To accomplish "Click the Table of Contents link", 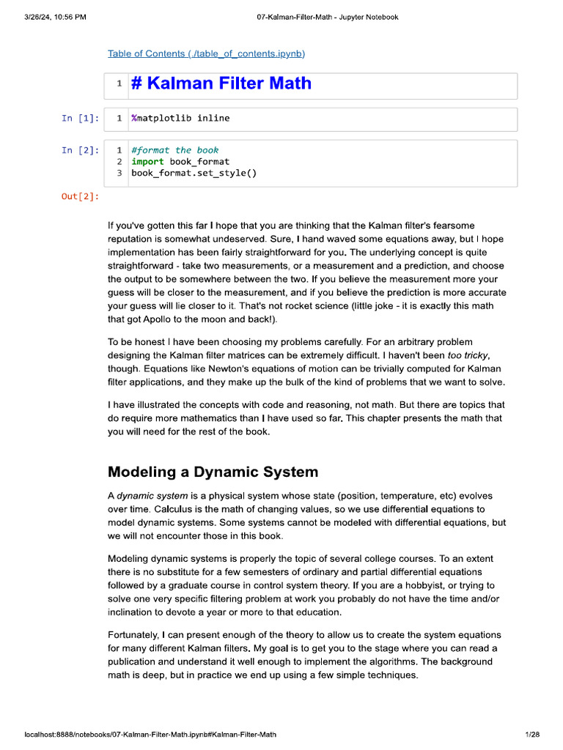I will click(206, 53).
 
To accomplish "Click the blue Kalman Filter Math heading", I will click(221, 83).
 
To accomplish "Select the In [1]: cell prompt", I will click(80, 118).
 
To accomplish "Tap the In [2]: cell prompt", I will click(80, 150).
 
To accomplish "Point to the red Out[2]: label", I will click(80, 196).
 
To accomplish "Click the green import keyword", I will click(148, 161).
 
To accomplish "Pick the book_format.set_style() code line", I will click(194, 173).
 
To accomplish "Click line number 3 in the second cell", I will click(119, 173).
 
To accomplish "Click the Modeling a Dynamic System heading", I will click(213, 472).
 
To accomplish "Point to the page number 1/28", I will click(531, 734).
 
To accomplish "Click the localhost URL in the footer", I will click(150, 734).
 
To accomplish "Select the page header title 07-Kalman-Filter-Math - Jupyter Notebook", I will click(328, 17).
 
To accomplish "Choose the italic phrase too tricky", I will click(468, 355).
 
